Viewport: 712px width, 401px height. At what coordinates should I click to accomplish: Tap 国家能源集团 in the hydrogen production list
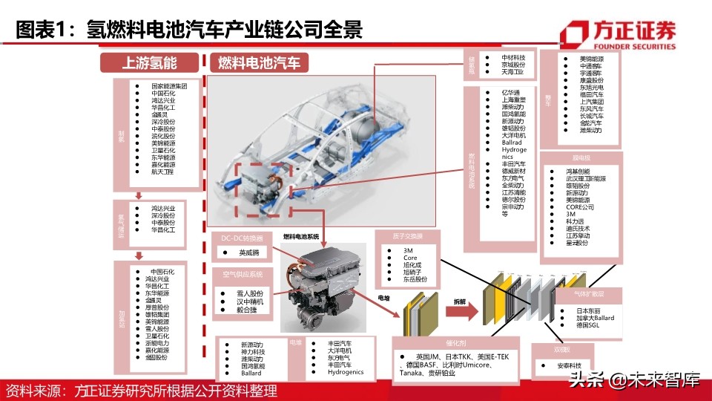[168, 86]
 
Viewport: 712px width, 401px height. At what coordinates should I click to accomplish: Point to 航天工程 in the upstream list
[162, 172]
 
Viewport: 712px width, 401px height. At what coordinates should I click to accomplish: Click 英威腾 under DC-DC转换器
[249, 253]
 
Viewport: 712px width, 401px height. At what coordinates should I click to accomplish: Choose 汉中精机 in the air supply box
[249, 302]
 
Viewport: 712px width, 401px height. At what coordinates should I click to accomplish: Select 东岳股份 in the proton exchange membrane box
[415, 280]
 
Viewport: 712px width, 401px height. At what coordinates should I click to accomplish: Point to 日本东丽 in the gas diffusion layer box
[591, 310]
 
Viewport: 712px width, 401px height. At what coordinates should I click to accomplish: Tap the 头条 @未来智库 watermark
[633, 382]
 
